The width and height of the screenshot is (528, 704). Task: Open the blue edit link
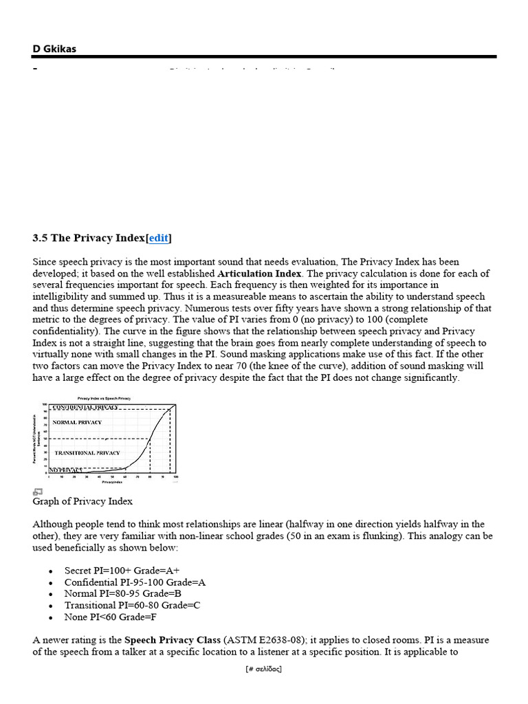click(x=159, y=238)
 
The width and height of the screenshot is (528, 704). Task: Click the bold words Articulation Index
click(x=259, y=273)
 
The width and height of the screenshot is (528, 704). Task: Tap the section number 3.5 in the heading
click(x=40, y=238)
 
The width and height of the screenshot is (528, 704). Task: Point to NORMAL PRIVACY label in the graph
click(x=77, y=422)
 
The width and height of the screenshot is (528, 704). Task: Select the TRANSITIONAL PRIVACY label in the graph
click(x=87, y=453)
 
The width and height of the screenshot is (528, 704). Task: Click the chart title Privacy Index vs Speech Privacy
click(x=104, y=398)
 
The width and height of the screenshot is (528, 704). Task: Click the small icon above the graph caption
click(x=38, y=492)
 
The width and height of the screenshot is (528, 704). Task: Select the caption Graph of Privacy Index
click(x=82, y=501)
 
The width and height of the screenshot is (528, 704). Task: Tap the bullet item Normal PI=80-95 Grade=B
click(x=122, y=593)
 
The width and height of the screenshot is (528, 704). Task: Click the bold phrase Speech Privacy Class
click(x=173, y=640)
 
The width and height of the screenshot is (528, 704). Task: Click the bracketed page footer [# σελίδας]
click(x=263, y=669)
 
